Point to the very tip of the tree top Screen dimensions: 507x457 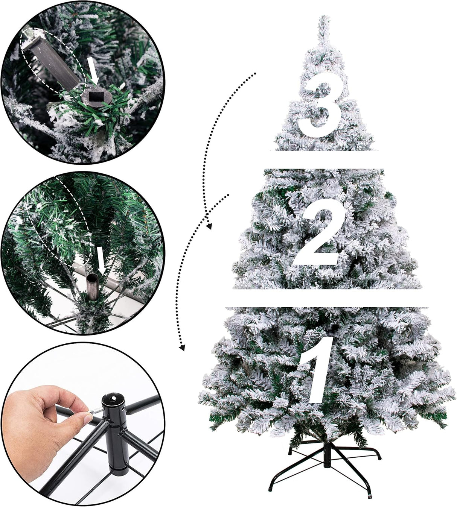coord(324,17)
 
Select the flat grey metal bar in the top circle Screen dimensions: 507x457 coord(55,60)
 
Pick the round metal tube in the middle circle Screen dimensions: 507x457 coord(92,287)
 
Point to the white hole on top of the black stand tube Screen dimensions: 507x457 coord(114,398)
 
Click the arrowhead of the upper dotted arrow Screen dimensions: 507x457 coord(209,226)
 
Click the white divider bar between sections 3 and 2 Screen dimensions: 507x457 coord(324,160)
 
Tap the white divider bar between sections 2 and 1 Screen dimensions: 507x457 coord(328,298)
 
